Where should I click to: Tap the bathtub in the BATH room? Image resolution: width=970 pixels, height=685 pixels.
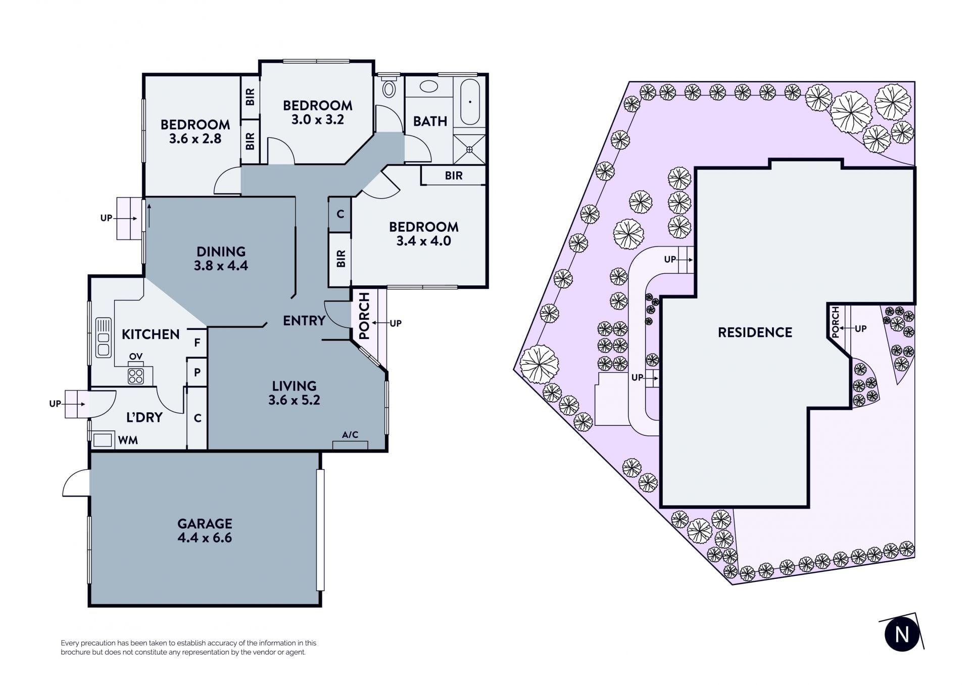coord(470,102)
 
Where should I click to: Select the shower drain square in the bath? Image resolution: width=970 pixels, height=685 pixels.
coord(469,150)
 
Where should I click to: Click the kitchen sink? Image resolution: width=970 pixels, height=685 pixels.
coord(103,337)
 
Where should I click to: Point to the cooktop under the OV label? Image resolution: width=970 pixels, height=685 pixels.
coord(136,375)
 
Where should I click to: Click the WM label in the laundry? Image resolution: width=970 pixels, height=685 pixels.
coord(128,441)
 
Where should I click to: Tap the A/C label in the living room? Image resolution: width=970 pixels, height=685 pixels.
coord(350,435)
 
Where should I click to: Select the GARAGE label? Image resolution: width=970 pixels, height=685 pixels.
coord(205,523)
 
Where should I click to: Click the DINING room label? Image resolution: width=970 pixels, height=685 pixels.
coord(221,252)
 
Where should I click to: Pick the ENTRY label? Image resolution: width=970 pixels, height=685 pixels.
coord(304,320)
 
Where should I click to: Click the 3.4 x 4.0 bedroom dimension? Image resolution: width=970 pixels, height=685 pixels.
coord(423,241)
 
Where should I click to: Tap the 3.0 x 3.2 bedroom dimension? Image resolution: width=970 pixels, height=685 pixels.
coord(317,120)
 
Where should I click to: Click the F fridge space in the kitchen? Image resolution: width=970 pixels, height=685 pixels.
coord(197,342)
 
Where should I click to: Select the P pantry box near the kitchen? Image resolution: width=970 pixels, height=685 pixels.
coord(197,372)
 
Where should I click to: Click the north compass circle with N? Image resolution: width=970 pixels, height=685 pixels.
coord(902,634)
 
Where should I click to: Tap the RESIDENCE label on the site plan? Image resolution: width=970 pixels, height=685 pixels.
coord(755,332)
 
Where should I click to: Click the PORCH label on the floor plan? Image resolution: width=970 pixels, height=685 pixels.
coord(364,316)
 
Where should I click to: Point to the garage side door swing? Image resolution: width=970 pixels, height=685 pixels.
coord(76,483)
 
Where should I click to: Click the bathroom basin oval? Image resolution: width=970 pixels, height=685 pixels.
coord(429,87)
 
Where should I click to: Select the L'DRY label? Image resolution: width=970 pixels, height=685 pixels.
coord(144,417)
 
